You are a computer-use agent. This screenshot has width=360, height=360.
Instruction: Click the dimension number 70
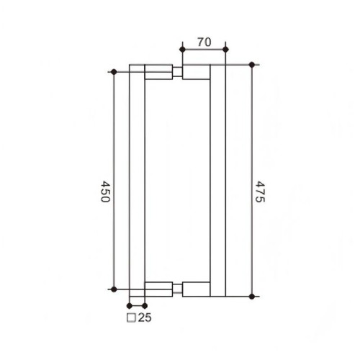(203, 42)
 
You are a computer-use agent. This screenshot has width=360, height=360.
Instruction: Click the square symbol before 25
(132, 317)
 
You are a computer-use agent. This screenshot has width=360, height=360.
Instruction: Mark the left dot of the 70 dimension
(181, 49)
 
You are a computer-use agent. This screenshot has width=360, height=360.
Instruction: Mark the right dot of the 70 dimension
(225, 49)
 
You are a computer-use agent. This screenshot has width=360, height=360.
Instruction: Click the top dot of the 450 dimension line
(113, 71)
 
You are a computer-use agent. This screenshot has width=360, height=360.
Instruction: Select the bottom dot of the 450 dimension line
(113, 288)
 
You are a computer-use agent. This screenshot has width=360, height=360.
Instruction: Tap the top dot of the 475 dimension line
(251, 65)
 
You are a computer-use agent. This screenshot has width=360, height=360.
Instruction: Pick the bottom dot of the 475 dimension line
(251, 295)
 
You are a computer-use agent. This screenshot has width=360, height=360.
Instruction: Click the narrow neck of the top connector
(176, 72)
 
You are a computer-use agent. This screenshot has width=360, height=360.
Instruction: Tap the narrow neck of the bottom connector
(176, 288)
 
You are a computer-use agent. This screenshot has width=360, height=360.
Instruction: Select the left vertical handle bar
(137, 180)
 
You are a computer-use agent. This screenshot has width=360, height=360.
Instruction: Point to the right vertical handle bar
(218, 180)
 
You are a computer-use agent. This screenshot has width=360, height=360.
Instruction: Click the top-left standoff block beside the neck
(158, 72)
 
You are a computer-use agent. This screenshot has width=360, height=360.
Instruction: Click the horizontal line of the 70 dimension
(203, 49)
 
